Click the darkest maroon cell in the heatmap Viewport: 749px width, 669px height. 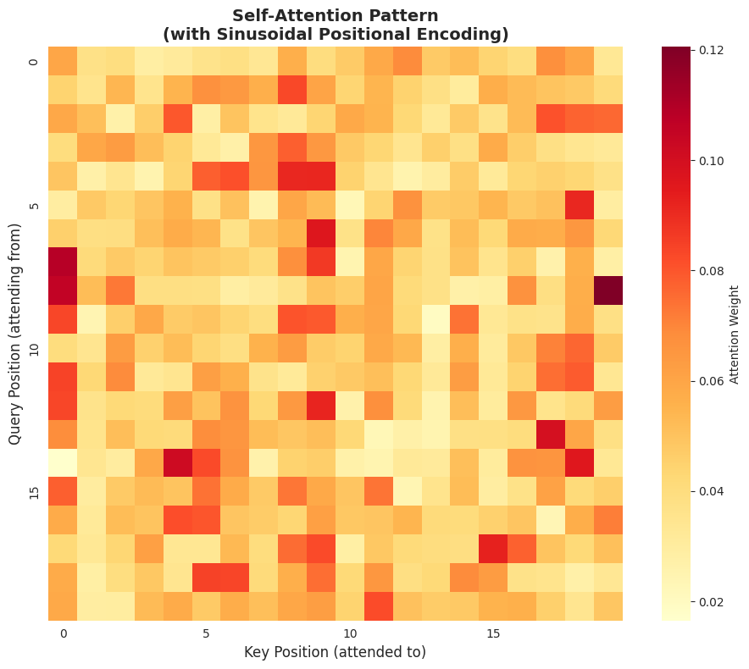click(x=608, y=290)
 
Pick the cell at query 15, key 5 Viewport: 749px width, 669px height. click(x=206, y=492)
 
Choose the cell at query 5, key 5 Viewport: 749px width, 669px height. click(x=206, y=204)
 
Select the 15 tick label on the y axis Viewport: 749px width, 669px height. click(x=35, y=492)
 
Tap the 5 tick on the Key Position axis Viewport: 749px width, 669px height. click(x=206, y=633)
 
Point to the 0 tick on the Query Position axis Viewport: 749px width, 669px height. click(x=35, y=61)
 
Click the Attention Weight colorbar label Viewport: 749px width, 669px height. click(x=734, y=334)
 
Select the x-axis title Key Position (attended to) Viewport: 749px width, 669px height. click(x=335, y=652)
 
